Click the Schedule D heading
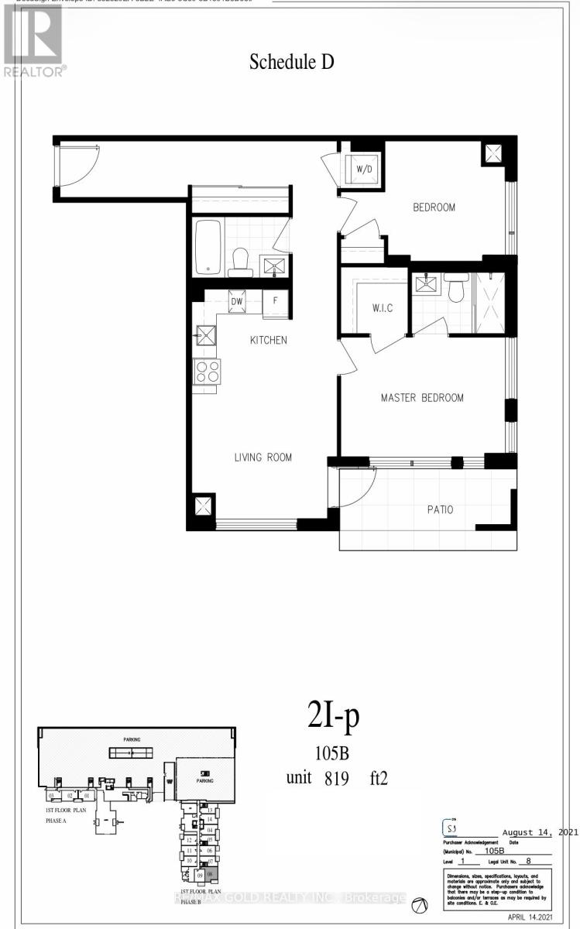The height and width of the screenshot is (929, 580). [x=291, y=63]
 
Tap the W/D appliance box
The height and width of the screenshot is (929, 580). [x=363, y=170]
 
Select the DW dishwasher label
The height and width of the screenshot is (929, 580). [x=238, y=302]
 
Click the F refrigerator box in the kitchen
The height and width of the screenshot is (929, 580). [x=274, y=303]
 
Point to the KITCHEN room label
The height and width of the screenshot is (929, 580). [x=268, y=340]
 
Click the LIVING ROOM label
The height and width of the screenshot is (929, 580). [x=263, y=458]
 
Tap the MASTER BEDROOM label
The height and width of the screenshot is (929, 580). [x=421, y=398]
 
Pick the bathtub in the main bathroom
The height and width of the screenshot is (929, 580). [x=208, y=246]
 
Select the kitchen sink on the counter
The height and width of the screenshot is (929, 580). [x=206, y=335]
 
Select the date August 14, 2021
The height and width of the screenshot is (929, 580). [x=530, y=831]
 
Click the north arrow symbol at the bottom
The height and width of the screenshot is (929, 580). [x=420, y=905]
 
